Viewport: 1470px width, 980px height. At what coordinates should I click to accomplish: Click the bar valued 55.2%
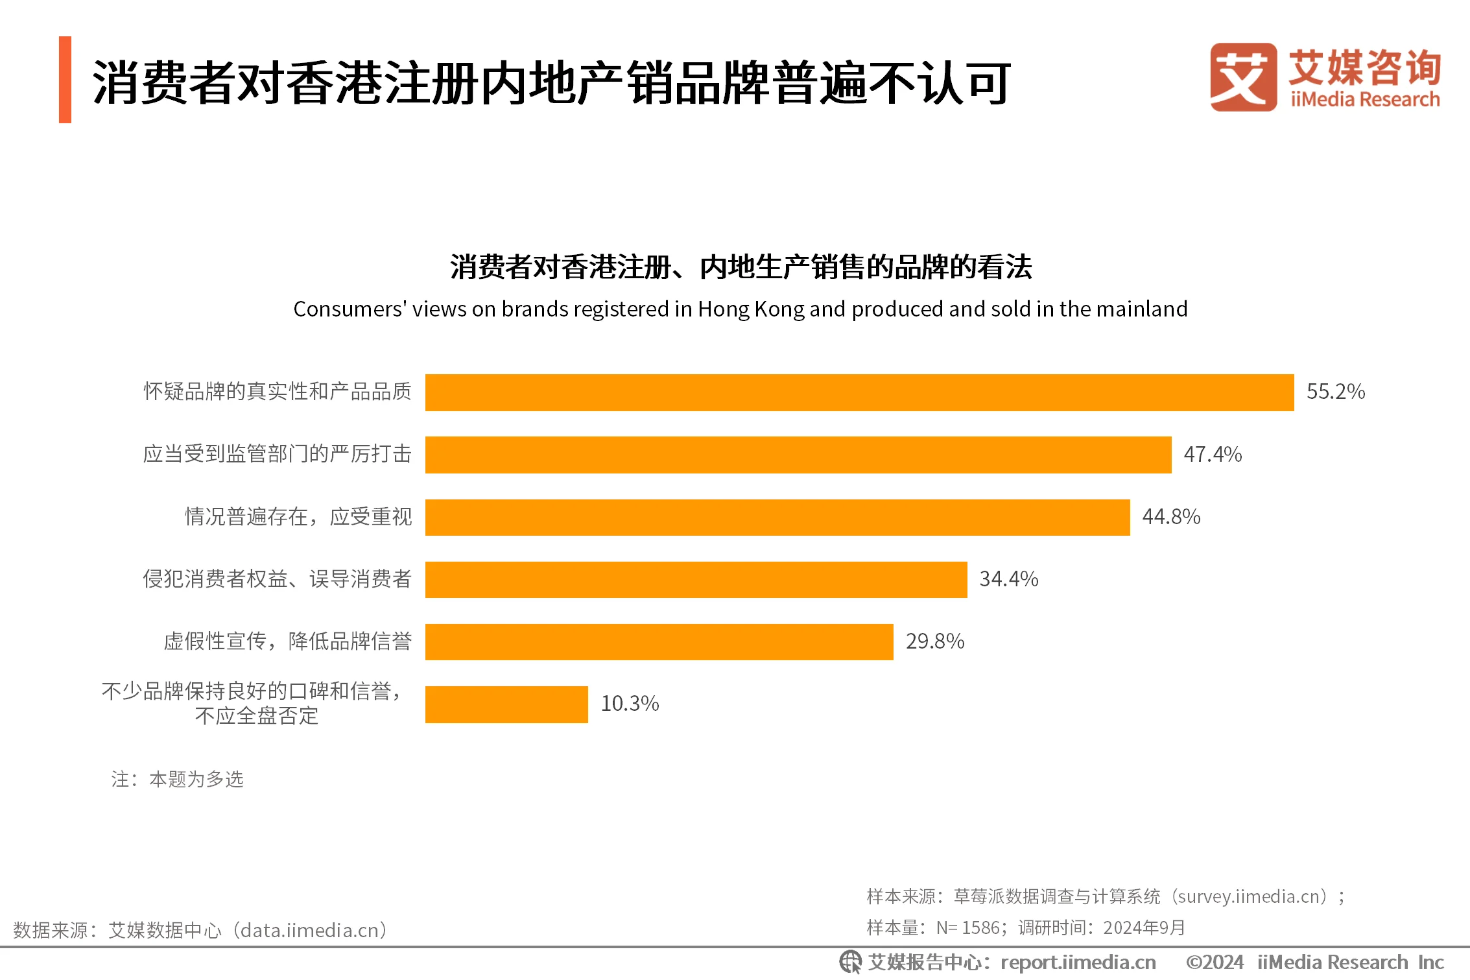pos(859,392)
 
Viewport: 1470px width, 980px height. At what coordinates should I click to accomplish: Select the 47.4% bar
pos(798,455)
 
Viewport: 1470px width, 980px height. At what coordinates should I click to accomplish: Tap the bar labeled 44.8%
pos(777,517)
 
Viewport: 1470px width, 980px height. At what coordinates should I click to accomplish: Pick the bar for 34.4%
pos(696,579)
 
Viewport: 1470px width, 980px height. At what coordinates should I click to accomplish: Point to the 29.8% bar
pos(659,641)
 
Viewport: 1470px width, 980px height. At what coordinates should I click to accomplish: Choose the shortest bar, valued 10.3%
pos(506,704)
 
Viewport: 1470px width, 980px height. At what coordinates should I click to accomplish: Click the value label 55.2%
pos(1335,392)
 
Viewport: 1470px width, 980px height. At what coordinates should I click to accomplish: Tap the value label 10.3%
pos(630,704)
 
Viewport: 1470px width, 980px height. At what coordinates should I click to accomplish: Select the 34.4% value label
pos(1008,579)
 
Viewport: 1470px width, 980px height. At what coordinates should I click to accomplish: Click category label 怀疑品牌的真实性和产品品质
pos(278,392)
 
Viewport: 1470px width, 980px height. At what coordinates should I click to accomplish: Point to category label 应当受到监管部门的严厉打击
pos(278,454)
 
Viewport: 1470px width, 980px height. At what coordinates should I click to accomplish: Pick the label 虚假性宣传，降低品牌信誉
pos(287,641)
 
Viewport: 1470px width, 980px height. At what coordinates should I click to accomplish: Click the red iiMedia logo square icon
pos(1242,77)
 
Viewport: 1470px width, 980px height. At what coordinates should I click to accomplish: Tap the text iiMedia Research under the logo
pos(1364,100)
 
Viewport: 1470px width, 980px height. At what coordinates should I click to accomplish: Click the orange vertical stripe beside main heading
pos(65,79)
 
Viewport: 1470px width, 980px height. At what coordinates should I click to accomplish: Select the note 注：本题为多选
pos(177,779)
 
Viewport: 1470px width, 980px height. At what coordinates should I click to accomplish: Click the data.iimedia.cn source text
pos(310,931)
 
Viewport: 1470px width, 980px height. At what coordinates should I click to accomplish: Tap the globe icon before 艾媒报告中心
pos(850,962)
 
